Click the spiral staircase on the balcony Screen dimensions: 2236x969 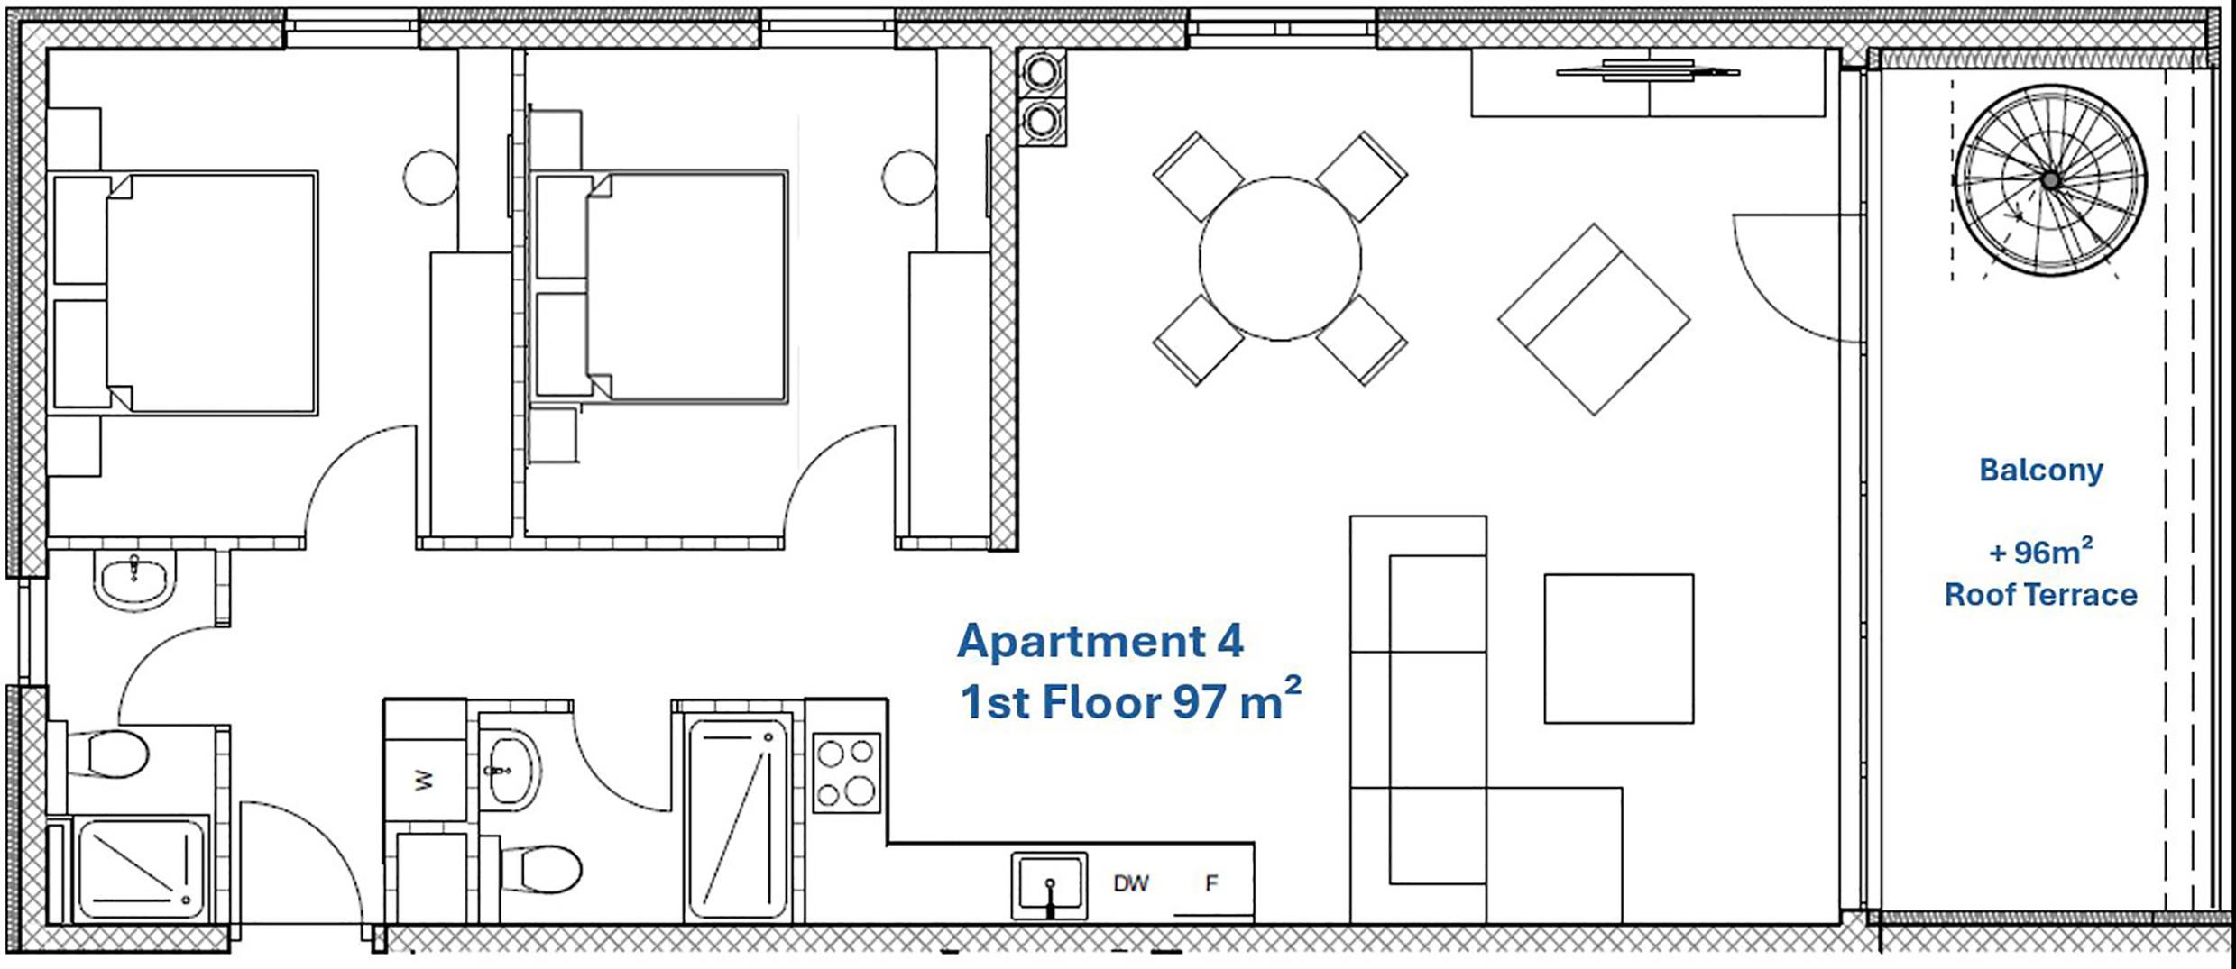2050,180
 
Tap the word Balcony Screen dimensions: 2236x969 2041,470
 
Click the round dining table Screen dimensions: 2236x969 1280,259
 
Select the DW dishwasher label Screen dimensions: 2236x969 1131,883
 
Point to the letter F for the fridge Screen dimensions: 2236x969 1211,882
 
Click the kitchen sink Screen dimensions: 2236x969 1049,885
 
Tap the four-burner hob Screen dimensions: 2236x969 846,772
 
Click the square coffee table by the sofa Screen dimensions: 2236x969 1618,648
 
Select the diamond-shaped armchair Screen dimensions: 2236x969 1594,319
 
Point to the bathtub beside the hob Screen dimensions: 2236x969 738,818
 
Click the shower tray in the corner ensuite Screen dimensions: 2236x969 143,868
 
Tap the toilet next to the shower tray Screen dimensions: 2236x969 108,754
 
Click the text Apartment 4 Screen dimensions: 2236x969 1100,641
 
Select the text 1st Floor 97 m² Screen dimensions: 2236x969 1131,700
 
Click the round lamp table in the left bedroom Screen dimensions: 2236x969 431,178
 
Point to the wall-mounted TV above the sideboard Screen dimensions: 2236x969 1648,70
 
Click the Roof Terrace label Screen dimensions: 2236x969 2040,595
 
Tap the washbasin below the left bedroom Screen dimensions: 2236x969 133,581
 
